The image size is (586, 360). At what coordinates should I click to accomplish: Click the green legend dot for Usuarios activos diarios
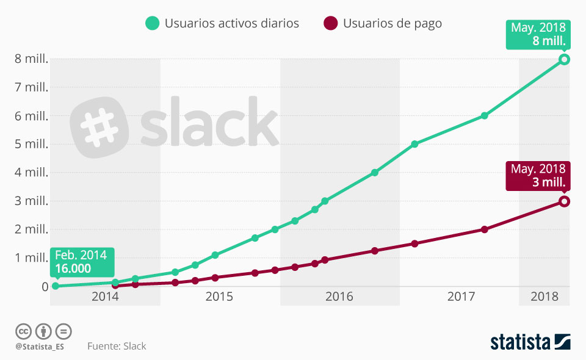(x=152, y=24)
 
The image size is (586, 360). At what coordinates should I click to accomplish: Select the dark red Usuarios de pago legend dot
(x=330, y=24)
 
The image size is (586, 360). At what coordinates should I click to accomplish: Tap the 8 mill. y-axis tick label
(x=32, y=59)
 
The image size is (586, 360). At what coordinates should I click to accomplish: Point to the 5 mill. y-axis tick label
(x=32, y=145)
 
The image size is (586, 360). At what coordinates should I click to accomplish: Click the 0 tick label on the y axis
(x=45, y=287)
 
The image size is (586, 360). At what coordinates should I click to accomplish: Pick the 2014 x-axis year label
(x=104, y=297)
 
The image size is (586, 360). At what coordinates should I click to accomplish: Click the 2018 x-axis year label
(x=545, y=297)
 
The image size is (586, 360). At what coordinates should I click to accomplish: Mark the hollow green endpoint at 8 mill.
(x=565, y=59)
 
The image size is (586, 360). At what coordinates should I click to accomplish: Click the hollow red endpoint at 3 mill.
(x=565, y=201)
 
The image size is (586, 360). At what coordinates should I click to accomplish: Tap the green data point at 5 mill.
(x=414, y=145)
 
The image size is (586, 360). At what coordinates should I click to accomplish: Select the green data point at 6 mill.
(x=485, y=116)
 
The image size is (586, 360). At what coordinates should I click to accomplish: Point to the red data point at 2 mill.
(x=485, y=229)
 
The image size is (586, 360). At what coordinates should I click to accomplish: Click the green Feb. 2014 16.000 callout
(x=81, y=261)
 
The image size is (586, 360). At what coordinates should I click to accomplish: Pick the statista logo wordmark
(x=520, y=342)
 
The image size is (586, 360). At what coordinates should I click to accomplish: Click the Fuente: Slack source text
(x=117, y=346)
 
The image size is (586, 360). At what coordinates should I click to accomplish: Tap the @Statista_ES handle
(x=40, y=346)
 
